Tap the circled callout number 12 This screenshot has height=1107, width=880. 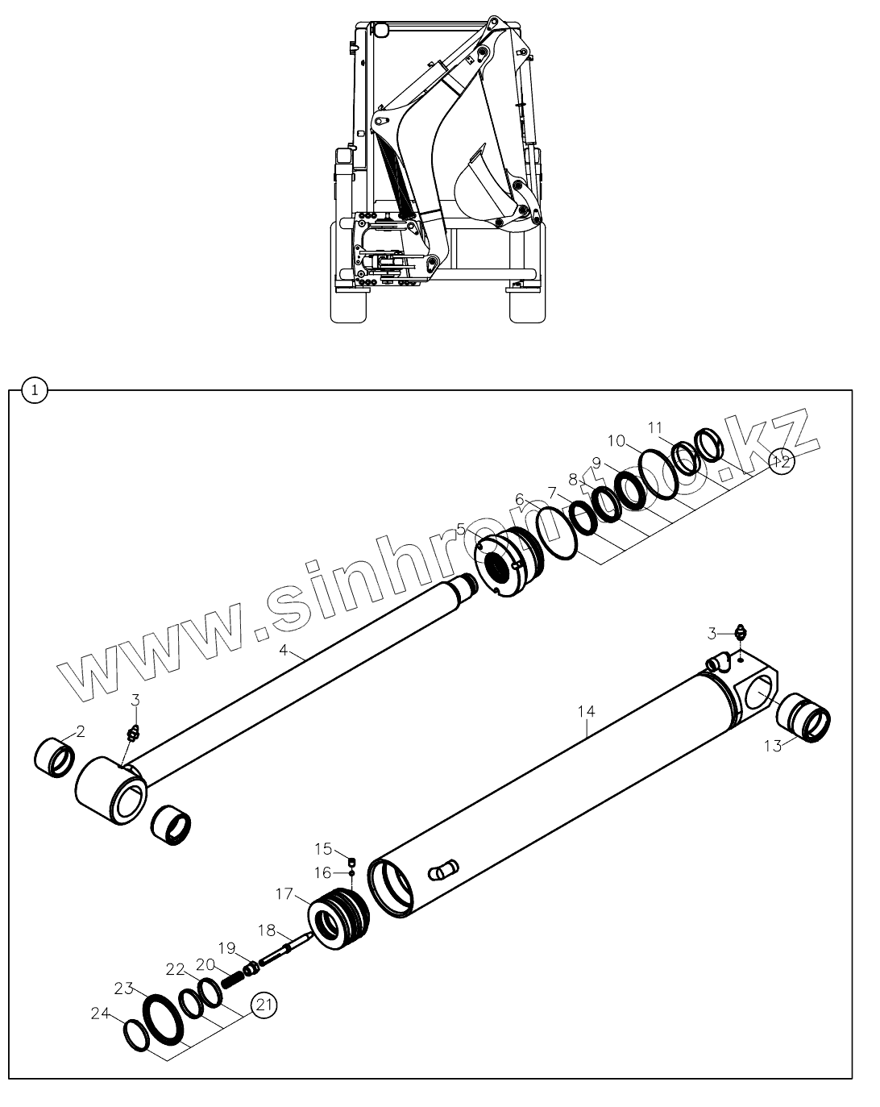pyautogui.click(x=779, y=462)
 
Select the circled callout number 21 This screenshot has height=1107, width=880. pyautogui.click(x=263, y=1005)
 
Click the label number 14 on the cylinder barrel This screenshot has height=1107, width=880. pyautogui.click(x=586, y=711)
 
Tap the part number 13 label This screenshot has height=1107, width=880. pyautogui.click(x=772, y=747)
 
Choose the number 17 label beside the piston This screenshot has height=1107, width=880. pyautogui.click(x=284, y=893)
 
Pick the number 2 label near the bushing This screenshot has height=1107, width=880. pyautogui.click(x=81, y=731)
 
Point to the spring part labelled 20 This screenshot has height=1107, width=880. pyautogui.click(x=230, y=980)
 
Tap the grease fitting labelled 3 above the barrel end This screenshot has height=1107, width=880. pyautogui.click(x=739, y=633)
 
